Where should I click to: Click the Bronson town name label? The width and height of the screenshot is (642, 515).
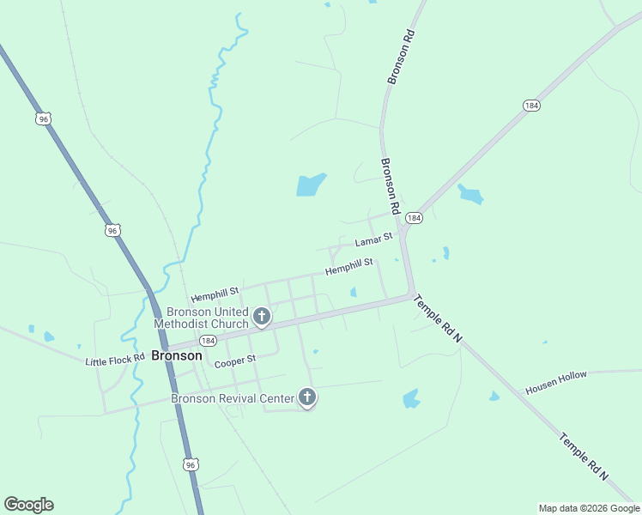177,355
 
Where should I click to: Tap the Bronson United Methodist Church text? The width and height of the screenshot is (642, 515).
201,318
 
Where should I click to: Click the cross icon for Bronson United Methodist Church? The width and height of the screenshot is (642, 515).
262,318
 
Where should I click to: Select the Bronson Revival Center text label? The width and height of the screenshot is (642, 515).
232,398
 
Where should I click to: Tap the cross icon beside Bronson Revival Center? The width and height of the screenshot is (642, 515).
306,397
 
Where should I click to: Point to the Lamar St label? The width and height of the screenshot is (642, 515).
373,240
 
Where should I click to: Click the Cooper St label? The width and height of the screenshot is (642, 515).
235,361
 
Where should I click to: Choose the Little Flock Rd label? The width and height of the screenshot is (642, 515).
115,360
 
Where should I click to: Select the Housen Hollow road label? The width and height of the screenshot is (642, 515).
556,383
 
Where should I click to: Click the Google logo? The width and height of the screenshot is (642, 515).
28,505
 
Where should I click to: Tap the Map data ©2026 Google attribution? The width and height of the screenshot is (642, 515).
589,508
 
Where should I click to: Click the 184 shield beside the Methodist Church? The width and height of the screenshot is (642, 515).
208,341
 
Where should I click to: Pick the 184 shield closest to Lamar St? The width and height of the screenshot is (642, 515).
415,218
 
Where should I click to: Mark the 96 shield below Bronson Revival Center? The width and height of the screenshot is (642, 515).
191,464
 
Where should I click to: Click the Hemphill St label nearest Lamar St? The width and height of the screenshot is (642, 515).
348,267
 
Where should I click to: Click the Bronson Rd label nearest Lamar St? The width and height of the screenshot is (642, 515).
391,185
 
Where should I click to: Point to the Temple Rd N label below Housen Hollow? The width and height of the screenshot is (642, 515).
584,455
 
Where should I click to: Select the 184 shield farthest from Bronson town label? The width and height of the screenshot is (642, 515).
531,106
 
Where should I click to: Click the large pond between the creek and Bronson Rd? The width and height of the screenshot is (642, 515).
311,185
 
